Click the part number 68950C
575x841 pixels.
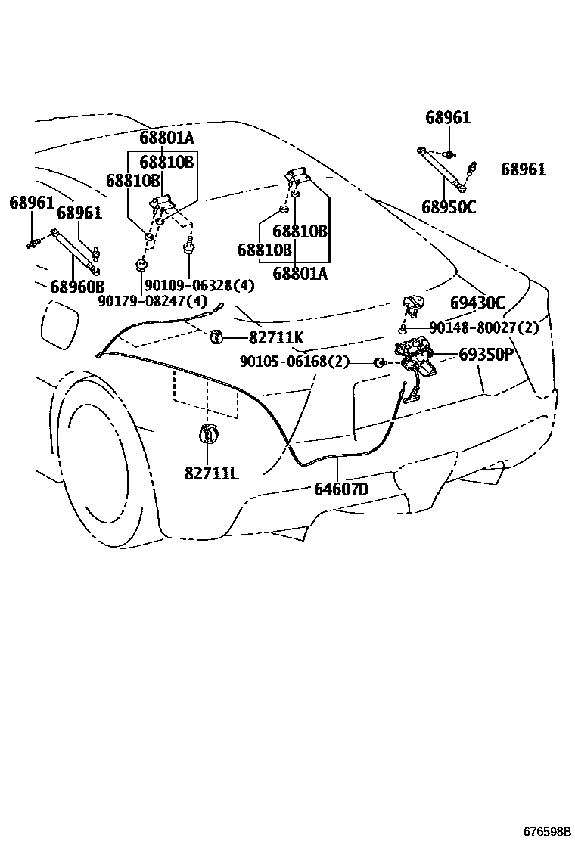449,206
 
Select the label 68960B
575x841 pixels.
77,287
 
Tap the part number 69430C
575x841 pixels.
477,303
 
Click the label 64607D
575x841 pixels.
341,489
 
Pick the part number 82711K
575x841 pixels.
275,338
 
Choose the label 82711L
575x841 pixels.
211,473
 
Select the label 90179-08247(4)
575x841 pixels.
153,301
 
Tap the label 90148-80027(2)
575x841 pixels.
483,328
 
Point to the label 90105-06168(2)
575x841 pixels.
294,362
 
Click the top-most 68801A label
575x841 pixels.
166,138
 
